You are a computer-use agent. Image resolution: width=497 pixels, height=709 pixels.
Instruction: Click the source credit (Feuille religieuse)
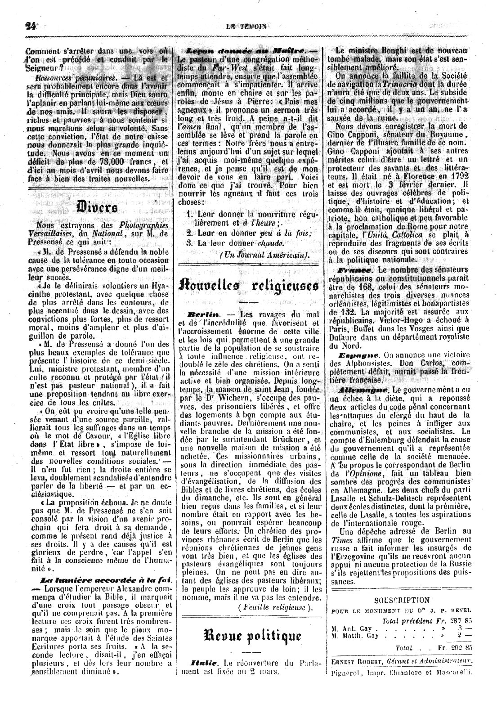pyautogui.click(x=275, y=607)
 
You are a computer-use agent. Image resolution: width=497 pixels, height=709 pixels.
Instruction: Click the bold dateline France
pyautogui.click(x=355, y=270)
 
